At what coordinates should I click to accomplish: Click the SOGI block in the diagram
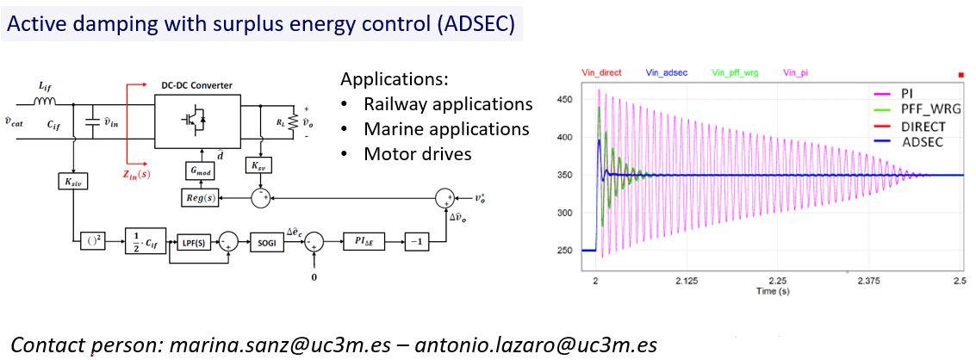267,242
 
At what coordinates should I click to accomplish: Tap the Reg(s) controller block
198,198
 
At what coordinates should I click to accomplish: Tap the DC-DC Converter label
196,85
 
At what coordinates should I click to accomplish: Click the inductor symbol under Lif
47,103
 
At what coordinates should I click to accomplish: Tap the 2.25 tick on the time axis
776,281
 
